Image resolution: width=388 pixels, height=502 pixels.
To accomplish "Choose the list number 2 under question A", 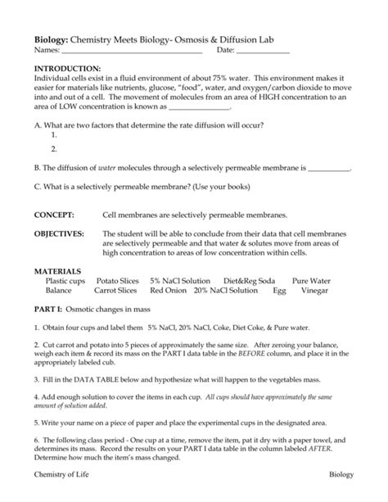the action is point(53,148).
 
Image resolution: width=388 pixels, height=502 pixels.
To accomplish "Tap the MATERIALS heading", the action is point(57,270).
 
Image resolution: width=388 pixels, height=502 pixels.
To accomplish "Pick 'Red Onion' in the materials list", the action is point(168,290).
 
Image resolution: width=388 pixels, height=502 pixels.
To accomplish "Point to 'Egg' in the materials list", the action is point(279,290).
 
